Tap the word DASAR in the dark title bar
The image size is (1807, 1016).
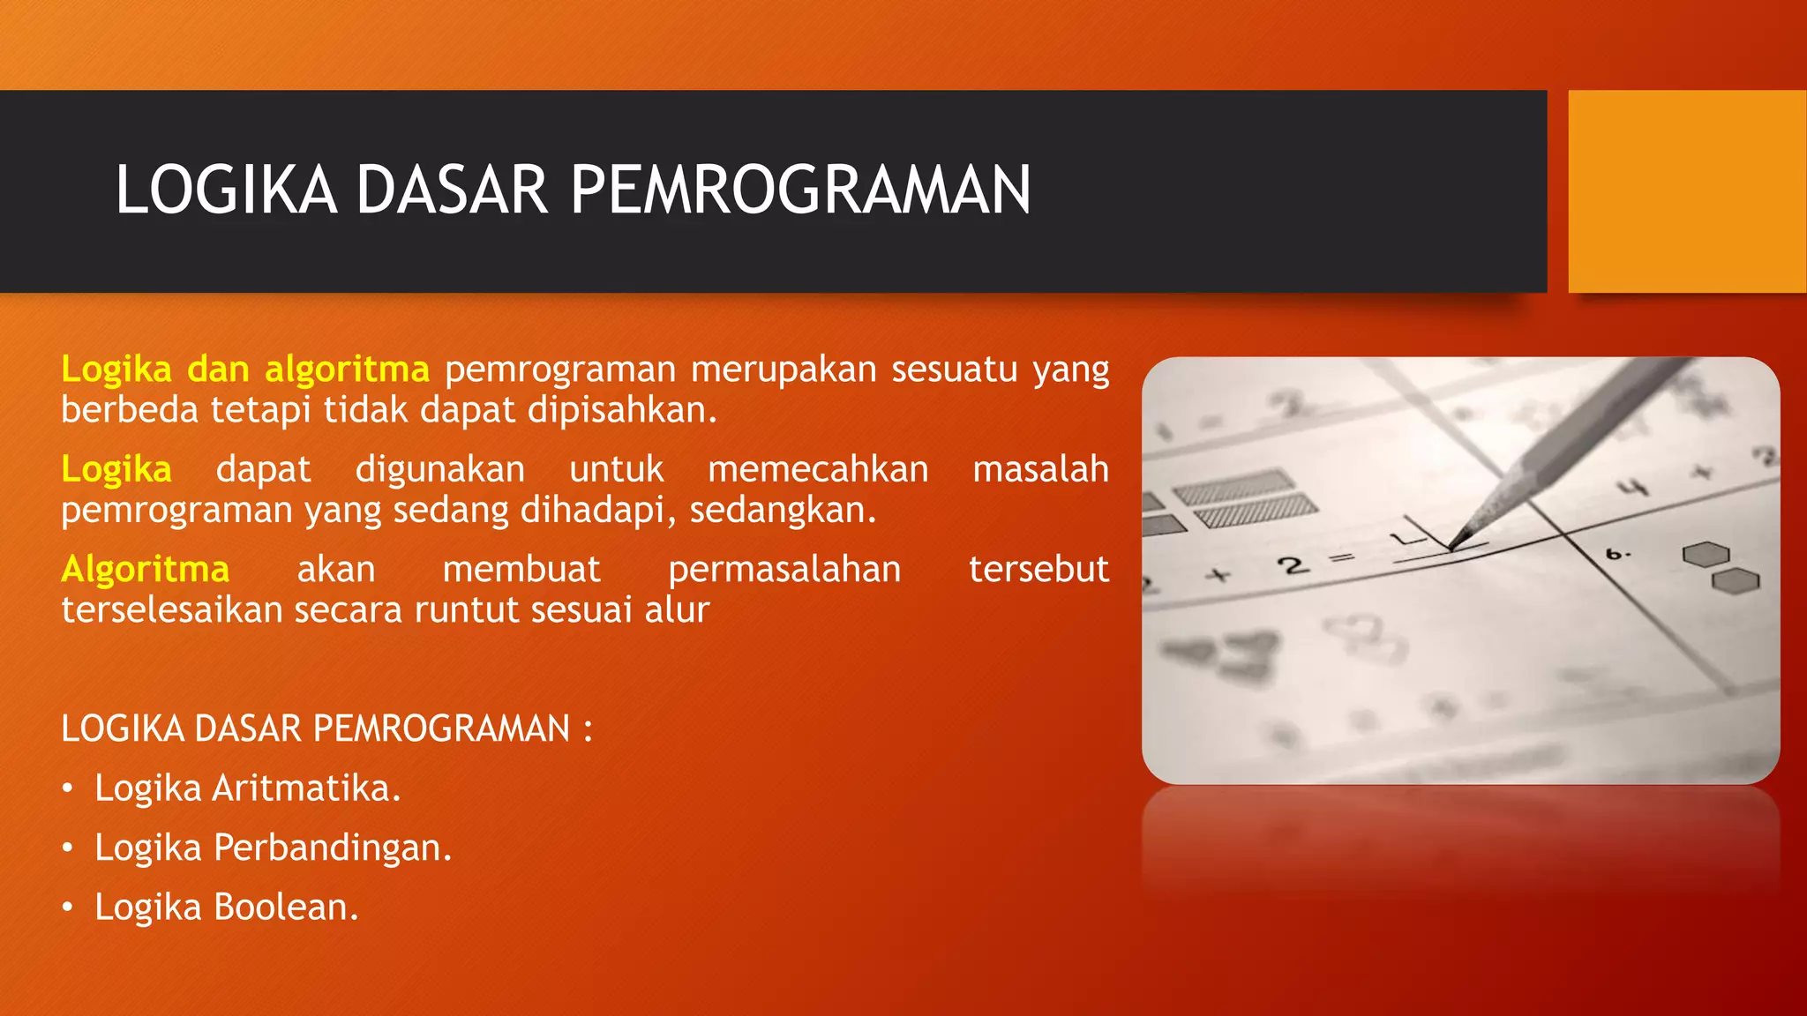coord(451,190)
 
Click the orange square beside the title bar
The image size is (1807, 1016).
coord(1687,191)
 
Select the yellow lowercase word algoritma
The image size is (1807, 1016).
coord(347,370)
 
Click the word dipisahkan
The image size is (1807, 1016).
coord(621,411)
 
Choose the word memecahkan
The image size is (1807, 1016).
coord(818,469)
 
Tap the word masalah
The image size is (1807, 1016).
coord(1040,469)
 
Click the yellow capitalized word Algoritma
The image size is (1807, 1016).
coord(146,570)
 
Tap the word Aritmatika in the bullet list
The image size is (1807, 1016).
coord(306,788)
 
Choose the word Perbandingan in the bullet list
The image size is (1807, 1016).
coord(332,848)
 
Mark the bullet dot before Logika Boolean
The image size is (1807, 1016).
coord(68,908)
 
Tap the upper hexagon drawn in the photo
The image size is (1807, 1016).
coord(1705,555)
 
